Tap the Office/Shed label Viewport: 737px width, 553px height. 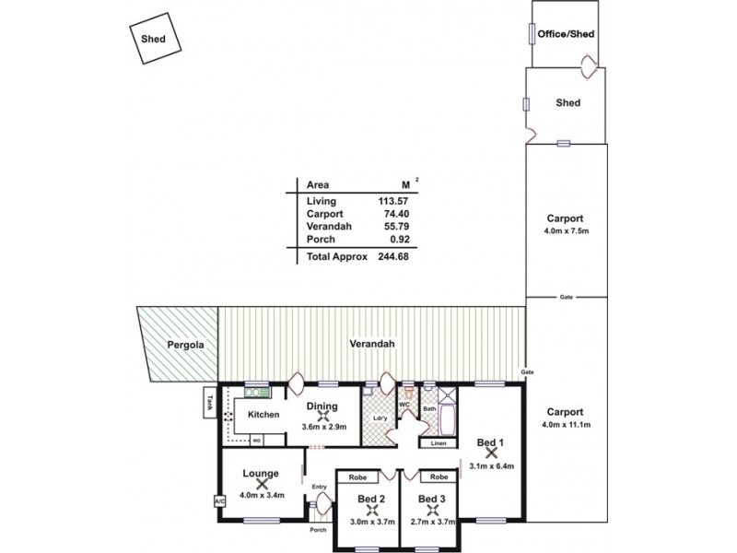click(x=566, y=34)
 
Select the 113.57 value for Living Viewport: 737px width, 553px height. click(x=392, y=201)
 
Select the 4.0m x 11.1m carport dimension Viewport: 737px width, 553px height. click(x=567, y=424)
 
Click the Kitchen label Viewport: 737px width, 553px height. click(x=263, y=415)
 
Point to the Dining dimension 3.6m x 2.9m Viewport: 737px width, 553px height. click(x=322, y=427)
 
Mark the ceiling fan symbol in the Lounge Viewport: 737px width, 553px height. click(x=262, y=483)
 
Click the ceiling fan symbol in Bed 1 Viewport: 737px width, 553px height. click(x=490, y=454)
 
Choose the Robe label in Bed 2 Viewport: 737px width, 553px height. click(x=358, y=477)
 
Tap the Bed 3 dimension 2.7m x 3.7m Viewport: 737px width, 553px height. click(x=429, y=522)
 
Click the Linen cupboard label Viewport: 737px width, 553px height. click(x=438, y=444)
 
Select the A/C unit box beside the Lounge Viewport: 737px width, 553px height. click(x=218, y=501)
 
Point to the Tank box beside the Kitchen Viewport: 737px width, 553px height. click(x=209, y=403)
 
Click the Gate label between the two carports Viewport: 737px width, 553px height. click(x=566, y=297)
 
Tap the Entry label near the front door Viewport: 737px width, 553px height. click(x=319, y=487)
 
